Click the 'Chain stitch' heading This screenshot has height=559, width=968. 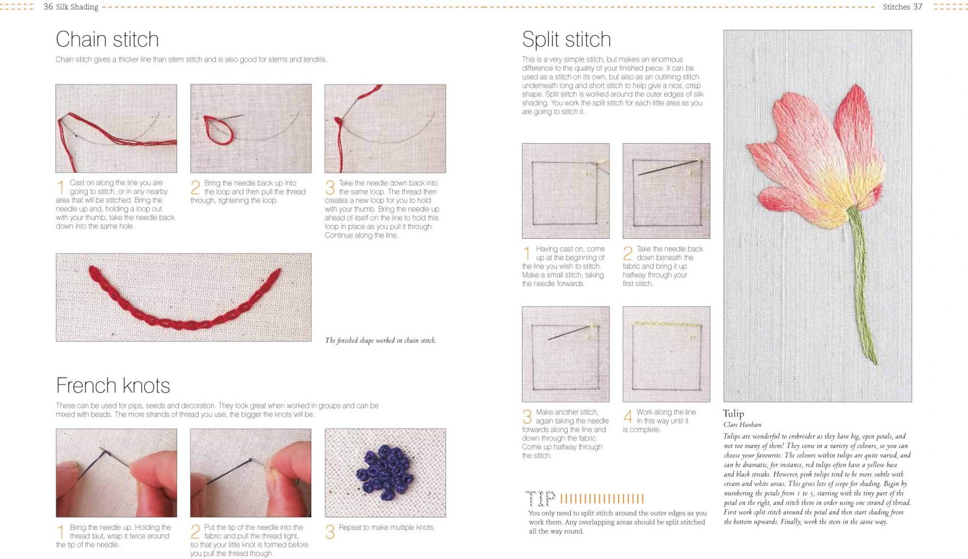tap(107, 40)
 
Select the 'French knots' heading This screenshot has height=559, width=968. tap(113, 386)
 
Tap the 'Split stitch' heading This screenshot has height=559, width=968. tap(566, 40)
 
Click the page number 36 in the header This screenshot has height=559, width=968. tap(48, 6)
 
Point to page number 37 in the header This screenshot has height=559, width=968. tap(918, 6)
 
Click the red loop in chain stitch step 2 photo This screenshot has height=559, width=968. tap(217, 130)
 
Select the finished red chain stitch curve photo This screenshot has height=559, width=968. tap(183, 297)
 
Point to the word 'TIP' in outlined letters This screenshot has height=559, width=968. tap(540, 499)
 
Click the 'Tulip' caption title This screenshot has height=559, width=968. tap(733, 413)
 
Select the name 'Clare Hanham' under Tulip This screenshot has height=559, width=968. tap(742, 425)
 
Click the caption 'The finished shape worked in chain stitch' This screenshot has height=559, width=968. tap(380, 340)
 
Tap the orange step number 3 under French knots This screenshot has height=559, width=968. tap(330, 533)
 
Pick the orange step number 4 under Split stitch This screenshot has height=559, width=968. tap(628, 417)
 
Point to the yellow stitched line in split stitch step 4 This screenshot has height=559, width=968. tap(667, 324)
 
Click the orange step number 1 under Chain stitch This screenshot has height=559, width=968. tap(60, 187)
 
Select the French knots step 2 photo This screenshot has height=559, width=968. tap(250, 473)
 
